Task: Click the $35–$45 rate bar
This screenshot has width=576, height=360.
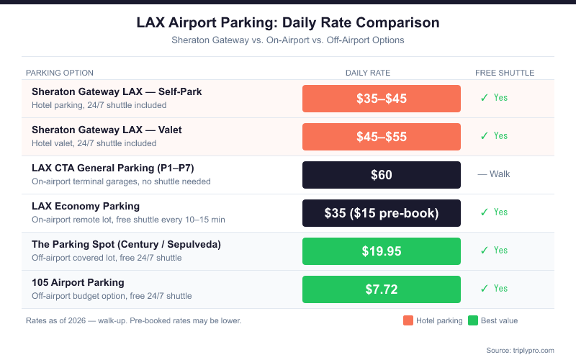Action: click(x=382, y=99)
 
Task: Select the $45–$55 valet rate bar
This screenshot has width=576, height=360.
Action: click(x=382, y=137)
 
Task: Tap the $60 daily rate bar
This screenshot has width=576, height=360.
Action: click(x=382, y=175)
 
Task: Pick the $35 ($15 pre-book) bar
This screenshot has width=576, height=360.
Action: click(x=382, y=213)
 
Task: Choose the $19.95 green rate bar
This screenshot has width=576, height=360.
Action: click(x=382, y=251)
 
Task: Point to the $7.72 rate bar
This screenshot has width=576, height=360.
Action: click(x=382, y=289)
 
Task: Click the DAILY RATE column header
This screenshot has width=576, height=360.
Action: click(x=368, y=73)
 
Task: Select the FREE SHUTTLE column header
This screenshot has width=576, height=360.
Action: click(x=505, y=73)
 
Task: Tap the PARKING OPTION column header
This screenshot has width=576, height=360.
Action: click(x=60, y=73)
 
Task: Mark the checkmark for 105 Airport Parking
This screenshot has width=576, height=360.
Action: click(x=485, y=289)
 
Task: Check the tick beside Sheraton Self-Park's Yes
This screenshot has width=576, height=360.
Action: click(x=485, y=98)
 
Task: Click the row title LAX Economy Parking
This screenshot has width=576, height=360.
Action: click(x=86, y=207)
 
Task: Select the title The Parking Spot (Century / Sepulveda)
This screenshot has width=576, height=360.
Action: click(x=126, y=245)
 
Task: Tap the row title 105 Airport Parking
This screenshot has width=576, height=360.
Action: click(x=78, y=282)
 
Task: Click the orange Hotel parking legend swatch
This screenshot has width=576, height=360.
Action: click(x=408, y=320)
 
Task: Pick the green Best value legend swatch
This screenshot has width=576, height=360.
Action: click(x=473, y=320)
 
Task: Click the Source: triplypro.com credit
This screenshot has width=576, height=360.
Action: click(x=520, y=350)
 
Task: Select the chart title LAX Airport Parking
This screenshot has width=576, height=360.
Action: click(x=288, y=23)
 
